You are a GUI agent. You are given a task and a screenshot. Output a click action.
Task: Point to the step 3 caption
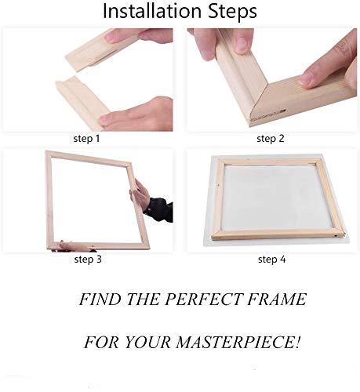point(87,259)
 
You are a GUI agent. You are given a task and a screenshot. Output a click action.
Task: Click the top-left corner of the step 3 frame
point(49,154)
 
